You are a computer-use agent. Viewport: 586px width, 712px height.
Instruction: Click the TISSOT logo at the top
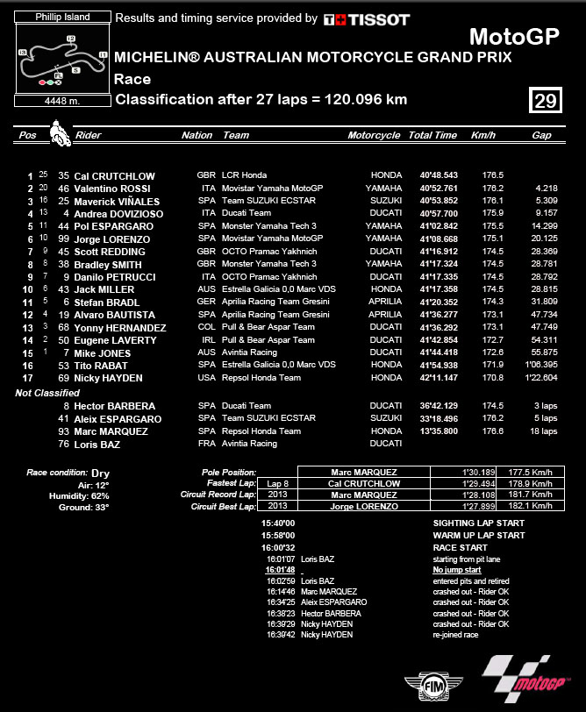coord(366,18)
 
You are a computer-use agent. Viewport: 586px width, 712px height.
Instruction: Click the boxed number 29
coord(545,101)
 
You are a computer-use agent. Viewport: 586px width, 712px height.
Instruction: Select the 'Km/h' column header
coord(482,136)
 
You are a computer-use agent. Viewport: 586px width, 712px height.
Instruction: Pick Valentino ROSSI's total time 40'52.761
coord(432,189)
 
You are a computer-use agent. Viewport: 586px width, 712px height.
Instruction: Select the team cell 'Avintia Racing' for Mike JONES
coord(250,352)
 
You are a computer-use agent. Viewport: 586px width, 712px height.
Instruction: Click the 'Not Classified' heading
coord(47,393)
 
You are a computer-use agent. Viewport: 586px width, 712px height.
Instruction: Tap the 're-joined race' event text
coord(455,635)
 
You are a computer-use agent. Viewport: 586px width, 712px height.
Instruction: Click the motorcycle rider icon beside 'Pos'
coord(60,136)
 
